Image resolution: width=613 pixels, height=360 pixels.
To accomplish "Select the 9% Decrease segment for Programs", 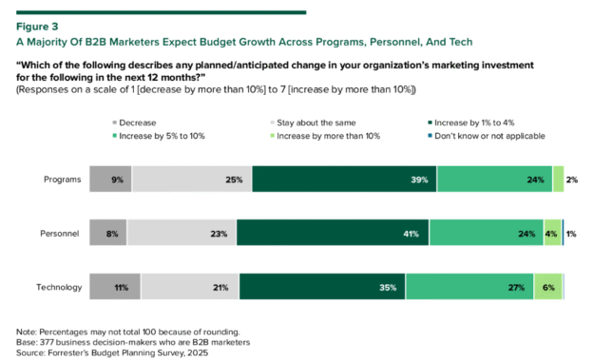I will pyautogui.click(x=110, y=179).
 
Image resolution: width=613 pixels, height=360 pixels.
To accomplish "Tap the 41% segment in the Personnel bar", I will pyautogui.click(x=333, y=233).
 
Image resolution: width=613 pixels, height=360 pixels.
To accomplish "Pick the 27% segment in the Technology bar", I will pyautogui.click(x=469, y=287).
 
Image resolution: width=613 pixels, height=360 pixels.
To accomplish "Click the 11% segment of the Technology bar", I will pyautogui.click(x=115, y=287).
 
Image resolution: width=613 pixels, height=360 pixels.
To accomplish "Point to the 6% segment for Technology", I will pyautogui.click(x=547, y=287).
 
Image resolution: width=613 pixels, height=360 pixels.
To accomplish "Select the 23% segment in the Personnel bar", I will pyautogui.click(x=182, y=233).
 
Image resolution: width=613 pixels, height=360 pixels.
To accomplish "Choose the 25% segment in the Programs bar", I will pyautogui.click(x=192, y=179).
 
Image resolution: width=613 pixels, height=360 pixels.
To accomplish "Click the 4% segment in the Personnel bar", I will pyautogui.click(x=551, y=233).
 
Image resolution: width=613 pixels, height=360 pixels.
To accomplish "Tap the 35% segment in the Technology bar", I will pyautogui.click(x=322, y=287).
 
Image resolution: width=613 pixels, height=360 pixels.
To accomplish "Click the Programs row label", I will pyautogui.click(x=62, y=179).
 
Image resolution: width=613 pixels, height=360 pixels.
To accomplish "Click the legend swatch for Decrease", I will pyautogui.click(x=116, y=123).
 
